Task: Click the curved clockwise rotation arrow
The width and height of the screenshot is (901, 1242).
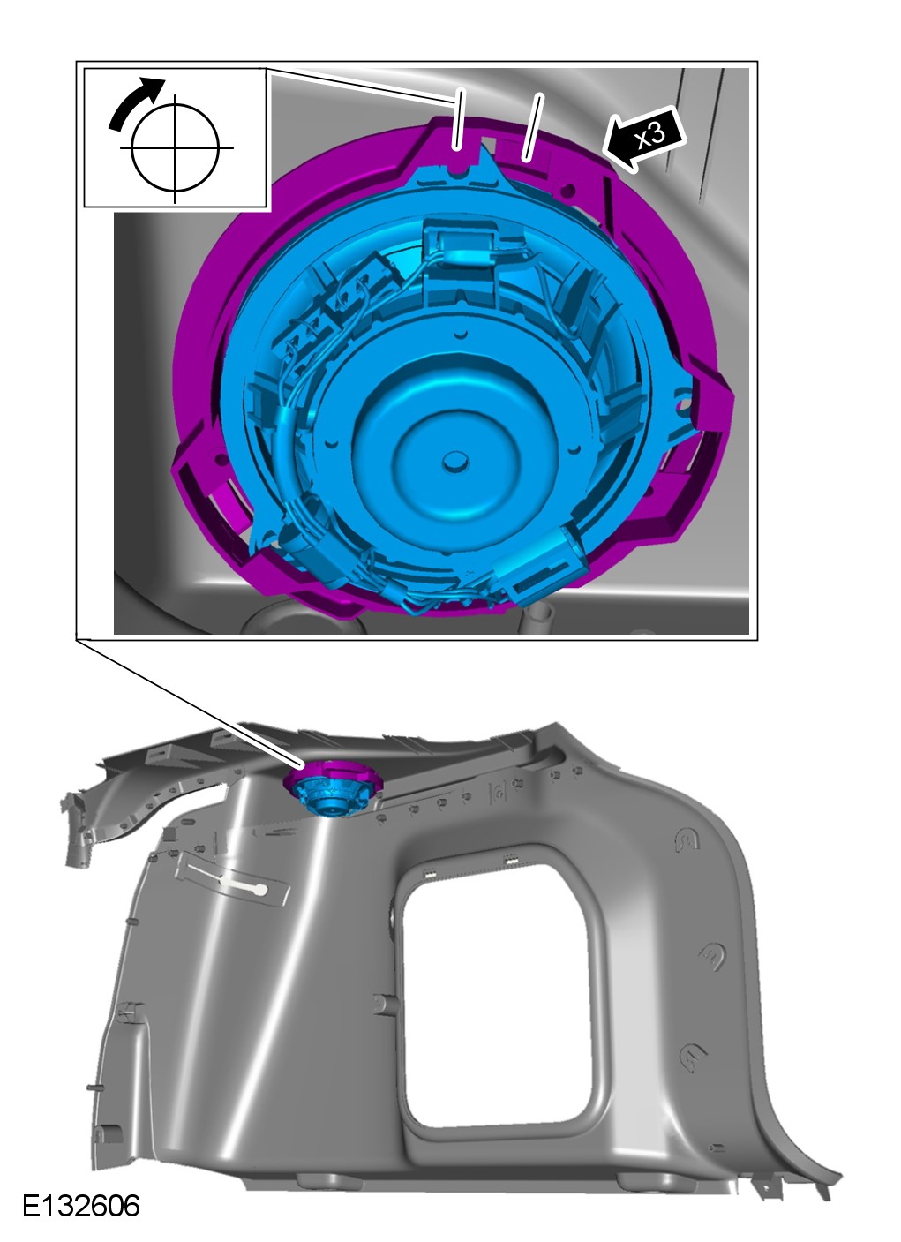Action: coord(135,102)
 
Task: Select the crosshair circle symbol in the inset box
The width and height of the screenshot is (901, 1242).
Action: coord(176,148)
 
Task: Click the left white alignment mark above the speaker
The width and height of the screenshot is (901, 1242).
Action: coord(457,118)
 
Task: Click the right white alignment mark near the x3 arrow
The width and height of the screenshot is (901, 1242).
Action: coord(531,127)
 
